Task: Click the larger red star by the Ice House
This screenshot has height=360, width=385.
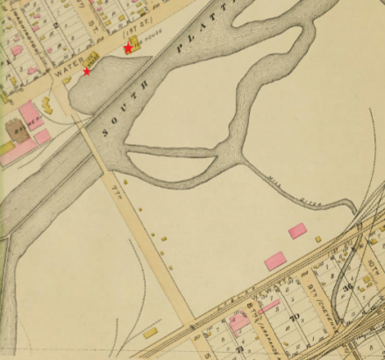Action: [128, 48]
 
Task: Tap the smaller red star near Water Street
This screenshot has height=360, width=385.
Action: [87, 71]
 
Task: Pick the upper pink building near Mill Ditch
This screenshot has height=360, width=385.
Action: [297, 230]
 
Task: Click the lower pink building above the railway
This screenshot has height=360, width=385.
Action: [275, 261]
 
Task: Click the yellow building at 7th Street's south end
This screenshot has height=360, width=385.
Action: [151, 332]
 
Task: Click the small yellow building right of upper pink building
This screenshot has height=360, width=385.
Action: [318, 238]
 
